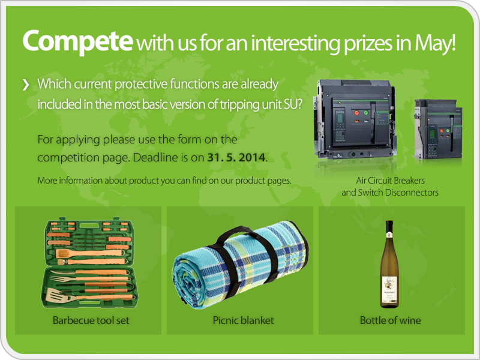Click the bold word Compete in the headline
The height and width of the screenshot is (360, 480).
(78, 42)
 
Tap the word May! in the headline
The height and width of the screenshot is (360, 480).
(436, 43)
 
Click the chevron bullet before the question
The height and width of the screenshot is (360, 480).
(26, 85)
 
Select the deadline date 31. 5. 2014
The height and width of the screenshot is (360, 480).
(236, 157)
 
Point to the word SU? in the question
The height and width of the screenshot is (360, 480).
(293, 104)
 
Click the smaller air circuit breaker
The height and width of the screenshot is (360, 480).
(438, 129)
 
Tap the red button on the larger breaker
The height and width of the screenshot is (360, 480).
(356, 113)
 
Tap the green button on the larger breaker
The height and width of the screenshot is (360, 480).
(366, 113)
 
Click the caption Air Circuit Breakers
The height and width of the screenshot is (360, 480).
(391, 181)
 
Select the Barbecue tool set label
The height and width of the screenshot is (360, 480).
(91, 320)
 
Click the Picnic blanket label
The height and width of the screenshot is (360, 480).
(243, 320)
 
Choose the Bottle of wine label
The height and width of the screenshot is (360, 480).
(391, 320)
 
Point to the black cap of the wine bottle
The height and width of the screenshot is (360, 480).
(389, 227)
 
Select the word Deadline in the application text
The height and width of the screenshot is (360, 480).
(155, 157)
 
